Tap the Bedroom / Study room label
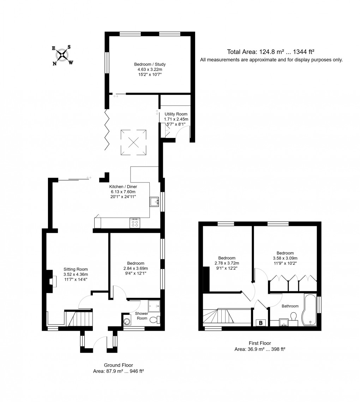coord(150,65)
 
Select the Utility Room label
coord(176,114)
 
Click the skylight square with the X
coord(134,142)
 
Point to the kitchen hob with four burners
coord(134,223)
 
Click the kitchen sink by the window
coord(154,202)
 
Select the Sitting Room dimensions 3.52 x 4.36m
coord(76,274)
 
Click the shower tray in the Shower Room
coord(154,306)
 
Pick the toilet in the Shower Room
coord(155,320)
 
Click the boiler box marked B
coord(261,323)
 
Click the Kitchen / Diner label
coord(123,187)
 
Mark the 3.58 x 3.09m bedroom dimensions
coord(285,258)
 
